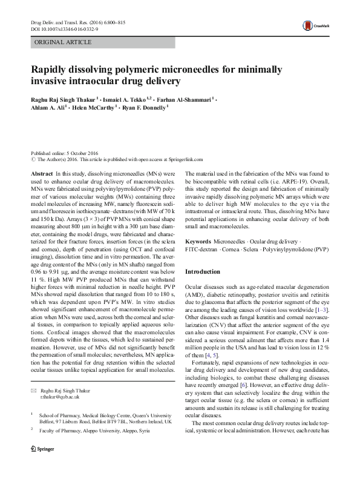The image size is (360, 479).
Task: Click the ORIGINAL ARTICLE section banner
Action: pos(64,42)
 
